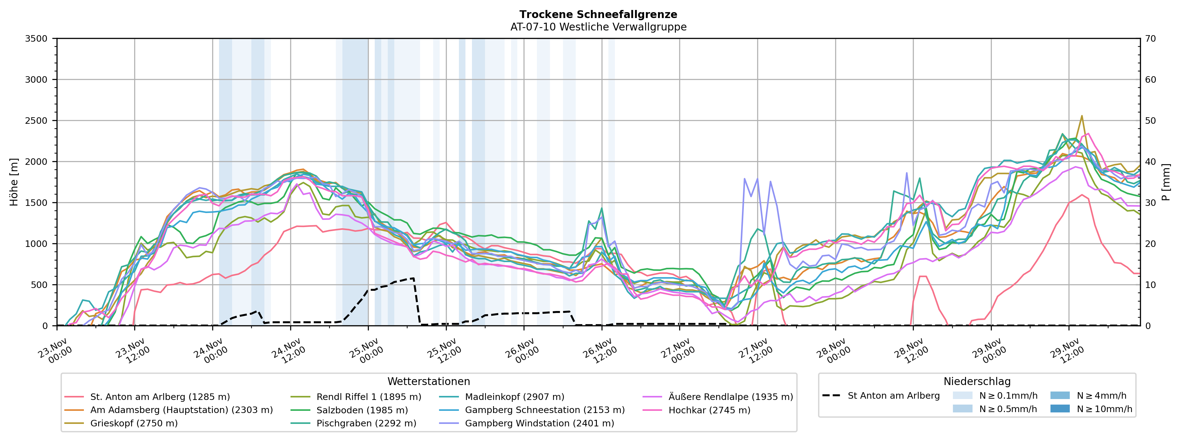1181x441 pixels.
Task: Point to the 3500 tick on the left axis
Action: click(36, 39)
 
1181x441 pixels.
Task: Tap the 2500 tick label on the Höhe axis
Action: click(36, 121)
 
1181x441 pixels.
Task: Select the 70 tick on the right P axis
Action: click(1150, 39)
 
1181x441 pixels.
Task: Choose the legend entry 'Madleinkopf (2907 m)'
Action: click(515, 397)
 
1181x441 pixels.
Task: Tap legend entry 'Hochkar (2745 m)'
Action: click(709, 410)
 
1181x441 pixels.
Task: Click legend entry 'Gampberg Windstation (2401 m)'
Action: click(539, 423)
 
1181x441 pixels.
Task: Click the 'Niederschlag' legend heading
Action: click(977, 381)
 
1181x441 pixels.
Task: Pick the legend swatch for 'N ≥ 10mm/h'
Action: click(1060, 408)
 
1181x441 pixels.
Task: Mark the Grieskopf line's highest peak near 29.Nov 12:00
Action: click(1082, 116)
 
